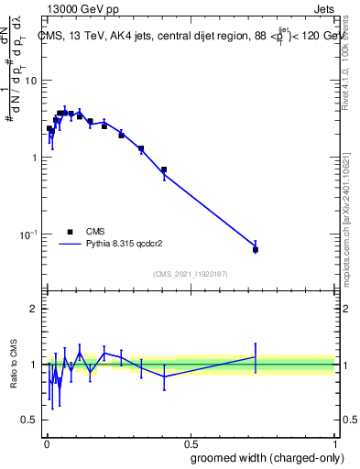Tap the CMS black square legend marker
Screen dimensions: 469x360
pos(70,233)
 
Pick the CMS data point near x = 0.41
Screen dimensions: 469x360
pos(164,169)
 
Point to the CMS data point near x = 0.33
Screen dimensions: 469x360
pos(141,148)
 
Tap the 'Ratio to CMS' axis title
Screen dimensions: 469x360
pos(13,364)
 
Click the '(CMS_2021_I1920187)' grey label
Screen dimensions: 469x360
pos(190,274)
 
